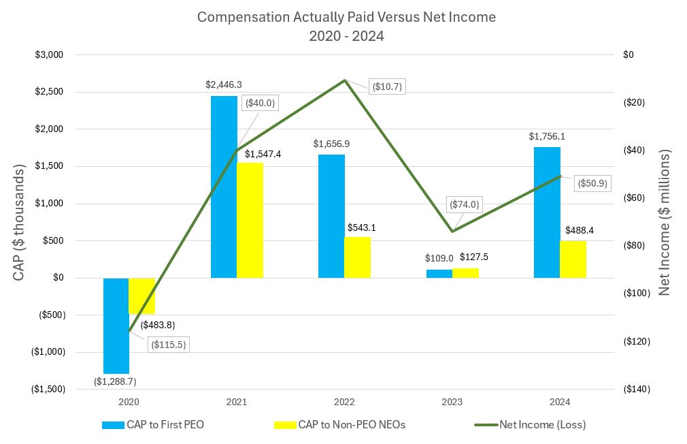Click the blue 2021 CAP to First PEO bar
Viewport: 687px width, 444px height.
click(224, 187)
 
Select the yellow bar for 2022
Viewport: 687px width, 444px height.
click(358, 257)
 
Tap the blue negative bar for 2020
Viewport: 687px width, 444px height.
click(116, 326)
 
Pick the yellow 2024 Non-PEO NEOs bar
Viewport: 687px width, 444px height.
click(573, 259)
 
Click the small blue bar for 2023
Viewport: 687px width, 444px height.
click(439, 274)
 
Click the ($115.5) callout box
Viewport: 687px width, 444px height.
click(168, 345)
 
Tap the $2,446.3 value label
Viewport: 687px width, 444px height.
click(224, 85)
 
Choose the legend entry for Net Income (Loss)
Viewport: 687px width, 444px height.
click(542, 424)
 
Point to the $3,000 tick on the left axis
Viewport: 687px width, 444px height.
click(48, 55)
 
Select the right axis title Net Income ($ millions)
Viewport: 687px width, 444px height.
click(665, 222)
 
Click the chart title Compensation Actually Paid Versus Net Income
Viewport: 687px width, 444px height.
click(346, 17)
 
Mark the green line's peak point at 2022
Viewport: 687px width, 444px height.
click(345, 80)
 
